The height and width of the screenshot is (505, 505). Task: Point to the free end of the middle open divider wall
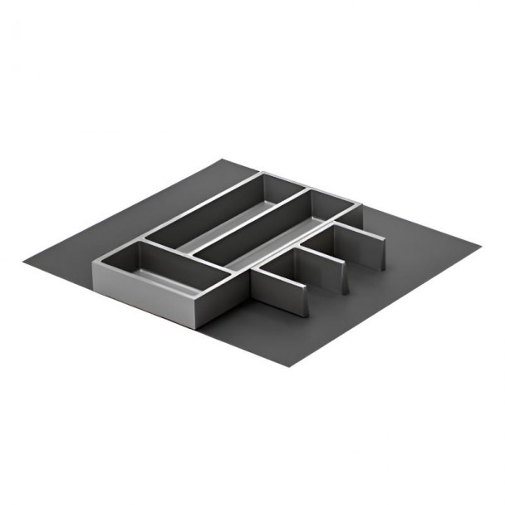(x=343, y=277)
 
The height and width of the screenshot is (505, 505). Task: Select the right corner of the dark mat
(x=480, y=247)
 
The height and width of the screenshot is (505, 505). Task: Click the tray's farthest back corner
(x=262, y=173)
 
